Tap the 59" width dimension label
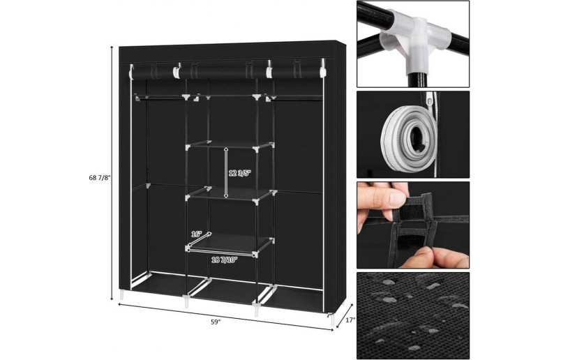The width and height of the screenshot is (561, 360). [x=216, y=322]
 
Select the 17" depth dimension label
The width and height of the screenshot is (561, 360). [x=350, y=320]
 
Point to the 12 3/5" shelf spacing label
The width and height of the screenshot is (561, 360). [x=240, y=173]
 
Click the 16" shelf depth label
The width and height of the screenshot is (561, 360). [x=197, y=234]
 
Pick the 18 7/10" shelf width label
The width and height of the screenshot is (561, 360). [x=224, y=260]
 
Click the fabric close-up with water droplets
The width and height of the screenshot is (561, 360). [x=413, y=315]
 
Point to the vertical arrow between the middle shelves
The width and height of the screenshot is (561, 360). [x=226, y=172]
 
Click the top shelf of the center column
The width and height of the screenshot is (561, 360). [x=229, y=145]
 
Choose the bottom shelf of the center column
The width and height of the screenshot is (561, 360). [x=229, y=244]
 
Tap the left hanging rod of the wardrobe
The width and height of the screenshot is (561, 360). [x=160, y=96]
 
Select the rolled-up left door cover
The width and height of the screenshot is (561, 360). [x=153, y=72]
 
